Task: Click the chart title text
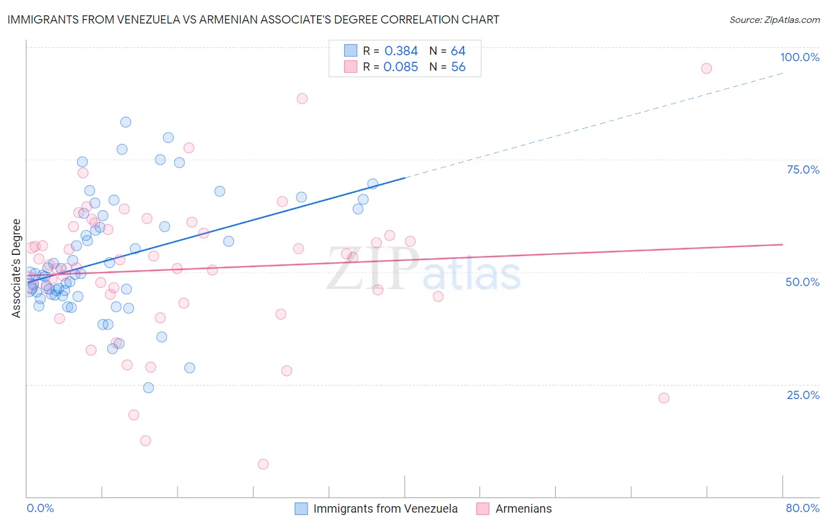point(253,19)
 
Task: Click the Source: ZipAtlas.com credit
point(774,20)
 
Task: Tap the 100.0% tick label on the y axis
point(799,57)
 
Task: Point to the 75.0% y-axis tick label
point(803,170)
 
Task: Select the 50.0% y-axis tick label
point(802,282)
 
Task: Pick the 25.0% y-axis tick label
point(803,394)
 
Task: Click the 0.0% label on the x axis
point(40,508)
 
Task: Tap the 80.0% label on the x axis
point(802,508)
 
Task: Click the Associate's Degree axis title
point(16,268)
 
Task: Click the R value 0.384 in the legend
point(401,51)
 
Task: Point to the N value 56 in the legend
point(458,67)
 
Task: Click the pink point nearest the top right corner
point(706,68)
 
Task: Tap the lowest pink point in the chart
point(263,464)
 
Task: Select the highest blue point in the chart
point(125,122)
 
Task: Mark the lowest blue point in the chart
point(148,388)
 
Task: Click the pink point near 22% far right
point(663,398)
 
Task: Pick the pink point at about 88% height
point(302,98)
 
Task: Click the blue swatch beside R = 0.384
point(351,51)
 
